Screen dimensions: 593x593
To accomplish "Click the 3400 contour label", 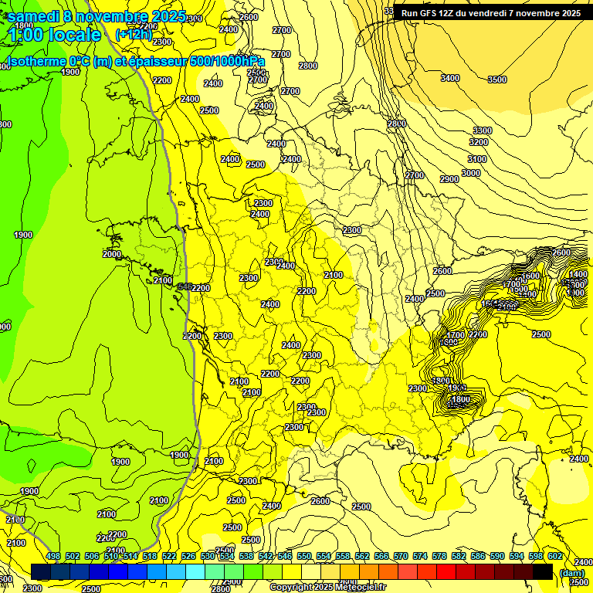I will coord(450,78).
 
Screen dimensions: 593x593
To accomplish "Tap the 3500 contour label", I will coord(497,80).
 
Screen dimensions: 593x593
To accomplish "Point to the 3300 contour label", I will coord(483,130).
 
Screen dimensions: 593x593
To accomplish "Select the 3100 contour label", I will coord(477,159).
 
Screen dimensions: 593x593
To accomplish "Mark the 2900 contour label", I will coord(449,179).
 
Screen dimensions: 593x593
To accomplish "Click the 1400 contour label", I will coord(578,274).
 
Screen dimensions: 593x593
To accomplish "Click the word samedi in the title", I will coord(35,16).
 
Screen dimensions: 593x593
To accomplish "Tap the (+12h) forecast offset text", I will coord(134,35).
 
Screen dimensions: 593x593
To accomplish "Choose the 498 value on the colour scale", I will coord(53,556).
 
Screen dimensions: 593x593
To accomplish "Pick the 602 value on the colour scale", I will coord(555,556).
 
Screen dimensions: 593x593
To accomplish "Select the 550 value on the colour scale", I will coord(304,556).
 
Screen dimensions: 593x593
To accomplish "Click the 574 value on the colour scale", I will coord(420,556).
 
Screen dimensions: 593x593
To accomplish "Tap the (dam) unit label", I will coord(572,572).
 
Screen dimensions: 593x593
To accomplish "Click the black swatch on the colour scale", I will coord(543,571).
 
